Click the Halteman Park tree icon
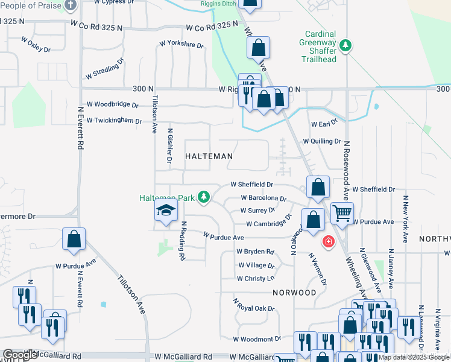pos(204,197)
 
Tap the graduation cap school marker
pos(165,211)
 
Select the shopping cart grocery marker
pos(342,213)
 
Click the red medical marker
pos(328,242)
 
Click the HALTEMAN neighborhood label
pos(209,156)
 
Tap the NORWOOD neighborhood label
pos(294,293)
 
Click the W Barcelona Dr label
pos(263,198)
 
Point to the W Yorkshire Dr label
pos(181,44)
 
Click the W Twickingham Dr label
pos(114,121)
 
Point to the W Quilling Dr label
pos(322,141)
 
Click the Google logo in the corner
pos(20,355)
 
